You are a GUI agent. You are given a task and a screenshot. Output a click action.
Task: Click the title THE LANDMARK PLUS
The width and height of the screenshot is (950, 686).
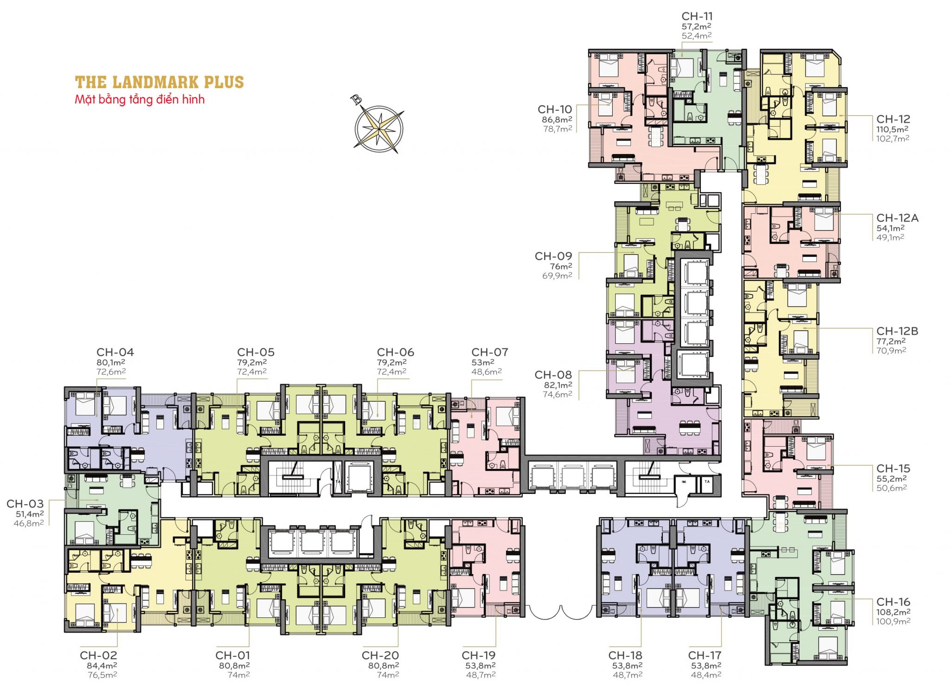tap(159, 83)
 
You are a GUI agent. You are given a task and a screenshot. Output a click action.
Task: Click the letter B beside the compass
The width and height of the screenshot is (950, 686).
tap(356, 99)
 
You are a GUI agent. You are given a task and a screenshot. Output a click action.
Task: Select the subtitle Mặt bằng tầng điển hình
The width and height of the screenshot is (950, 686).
tap(140, 99)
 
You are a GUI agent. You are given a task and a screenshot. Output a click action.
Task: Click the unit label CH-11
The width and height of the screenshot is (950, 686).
tap(697, 16)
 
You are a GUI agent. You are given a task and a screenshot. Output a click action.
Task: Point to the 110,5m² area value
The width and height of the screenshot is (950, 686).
tap(892, 129)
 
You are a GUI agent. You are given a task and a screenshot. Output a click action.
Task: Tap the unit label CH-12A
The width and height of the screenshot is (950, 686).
tap(897, 218)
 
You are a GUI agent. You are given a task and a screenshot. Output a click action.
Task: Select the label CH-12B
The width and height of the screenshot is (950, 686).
tap(897, 331)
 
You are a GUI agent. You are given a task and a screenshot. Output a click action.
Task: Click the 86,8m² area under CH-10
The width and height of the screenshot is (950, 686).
tap(557, 120)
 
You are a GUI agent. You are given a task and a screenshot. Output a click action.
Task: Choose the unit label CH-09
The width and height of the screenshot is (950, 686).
tap(553, 256)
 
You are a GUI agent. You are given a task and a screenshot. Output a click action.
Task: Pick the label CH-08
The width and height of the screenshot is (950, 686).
tap(553, 375)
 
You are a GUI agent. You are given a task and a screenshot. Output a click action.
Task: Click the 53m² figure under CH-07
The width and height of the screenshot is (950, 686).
tap(482, 362)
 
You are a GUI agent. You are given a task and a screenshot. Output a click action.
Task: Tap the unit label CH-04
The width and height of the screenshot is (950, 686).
tap(115, 353)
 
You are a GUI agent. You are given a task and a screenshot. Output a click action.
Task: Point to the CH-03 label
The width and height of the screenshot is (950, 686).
tap(25, 504)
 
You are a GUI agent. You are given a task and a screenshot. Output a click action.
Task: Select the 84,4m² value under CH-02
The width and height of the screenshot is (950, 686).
tap(102, 666)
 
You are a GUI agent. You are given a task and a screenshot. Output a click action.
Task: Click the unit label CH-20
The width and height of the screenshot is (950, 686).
tap(380, 655)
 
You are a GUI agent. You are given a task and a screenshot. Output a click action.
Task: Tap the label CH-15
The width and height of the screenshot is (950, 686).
tap(893, 468)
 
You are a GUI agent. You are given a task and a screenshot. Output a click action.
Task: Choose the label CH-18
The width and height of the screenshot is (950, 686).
tap(625, 655)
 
